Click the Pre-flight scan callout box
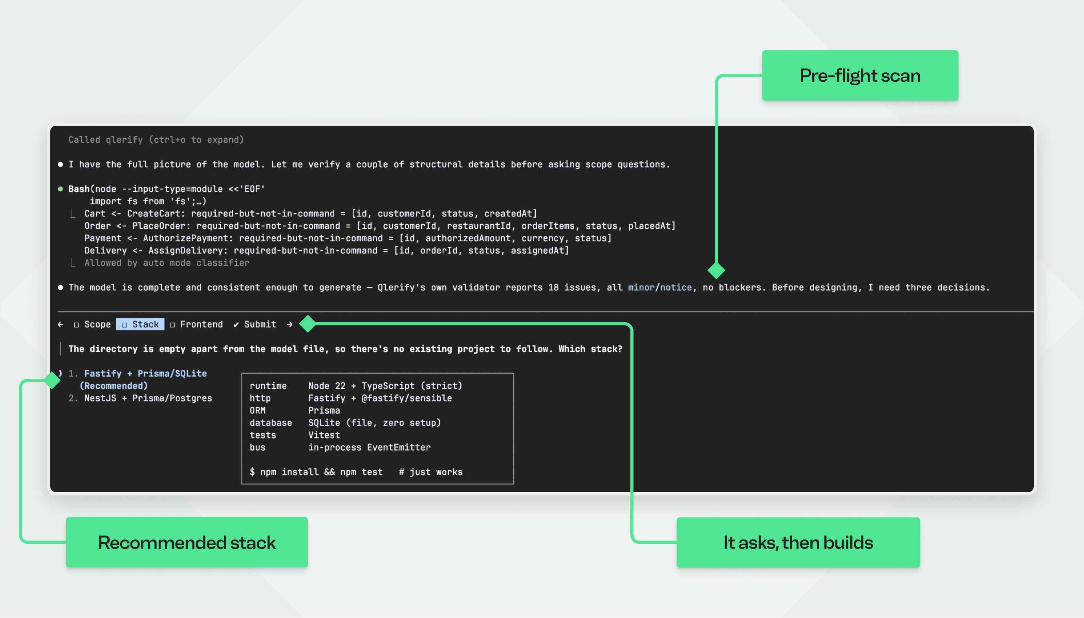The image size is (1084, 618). [860, 75]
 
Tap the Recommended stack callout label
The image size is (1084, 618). [187, 542]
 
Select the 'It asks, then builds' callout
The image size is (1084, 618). [798, 542]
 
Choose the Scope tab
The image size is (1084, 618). [92, 324]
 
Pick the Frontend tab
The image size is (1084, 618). [196, 324]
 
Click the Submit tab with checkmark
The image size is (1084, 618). [255, 324]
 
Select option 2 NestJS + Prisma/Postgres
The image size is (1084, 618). [141, 398]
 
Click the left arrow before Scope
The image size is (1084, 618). [60, 324]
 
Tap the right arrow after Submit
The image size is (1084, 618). [290, 324]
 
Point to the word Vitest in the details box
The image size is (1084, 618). [324, 435]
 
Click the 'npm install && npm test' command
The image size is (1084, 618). [321, 472]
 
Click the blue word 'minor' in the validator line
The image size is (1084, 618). [641, 287]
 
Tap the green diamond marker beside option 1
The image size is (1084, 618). [52, 380]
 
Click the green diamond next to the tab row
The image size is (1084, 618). [308, 324]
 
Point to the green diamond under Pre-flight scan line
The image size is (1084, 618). [716, 270]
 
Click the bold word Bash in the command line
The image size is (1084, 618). [79, 189]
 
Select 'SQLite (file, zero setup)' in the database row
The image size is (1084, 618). [375, 423]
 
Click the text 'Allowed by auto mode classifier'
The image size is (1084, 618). [167, 263]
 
